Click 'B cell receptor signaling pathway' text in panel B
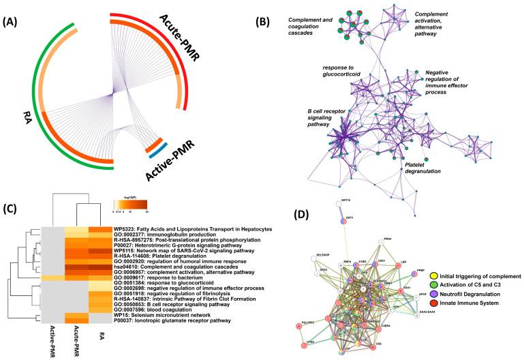(x=328, y=115)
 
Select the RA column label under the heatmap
(x=99, y=334)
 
